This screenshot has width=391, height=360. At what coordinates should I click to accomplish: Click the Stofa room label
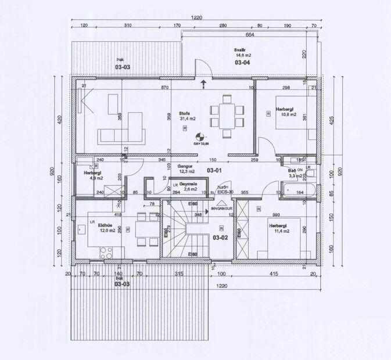[185, 113]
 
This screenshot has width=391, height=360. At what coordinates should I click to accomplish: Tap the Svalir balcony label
[239, 50]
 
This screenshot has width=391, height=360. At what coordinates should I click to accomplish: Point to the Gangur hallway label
[186, 165]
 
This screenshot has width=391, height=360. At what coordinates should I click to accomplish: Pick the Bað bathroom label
[292, 170]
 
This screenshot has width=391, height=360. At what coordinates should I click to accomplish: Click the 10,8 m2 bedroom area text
[288, 114]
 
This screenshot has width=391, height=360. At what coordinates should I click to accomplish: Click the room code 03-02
[220, 237]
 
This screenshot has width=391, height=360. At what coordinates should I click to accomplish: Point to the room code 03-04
[242, 62]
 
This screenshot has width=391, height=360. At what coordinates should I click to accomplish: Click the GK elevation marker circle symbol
[199, 138]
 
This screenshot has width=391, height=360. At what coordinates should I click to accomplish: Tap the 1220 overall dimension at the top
[196, 18]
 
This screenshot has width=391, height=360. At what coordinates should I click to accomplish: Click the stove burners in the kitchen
[106, 253]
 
